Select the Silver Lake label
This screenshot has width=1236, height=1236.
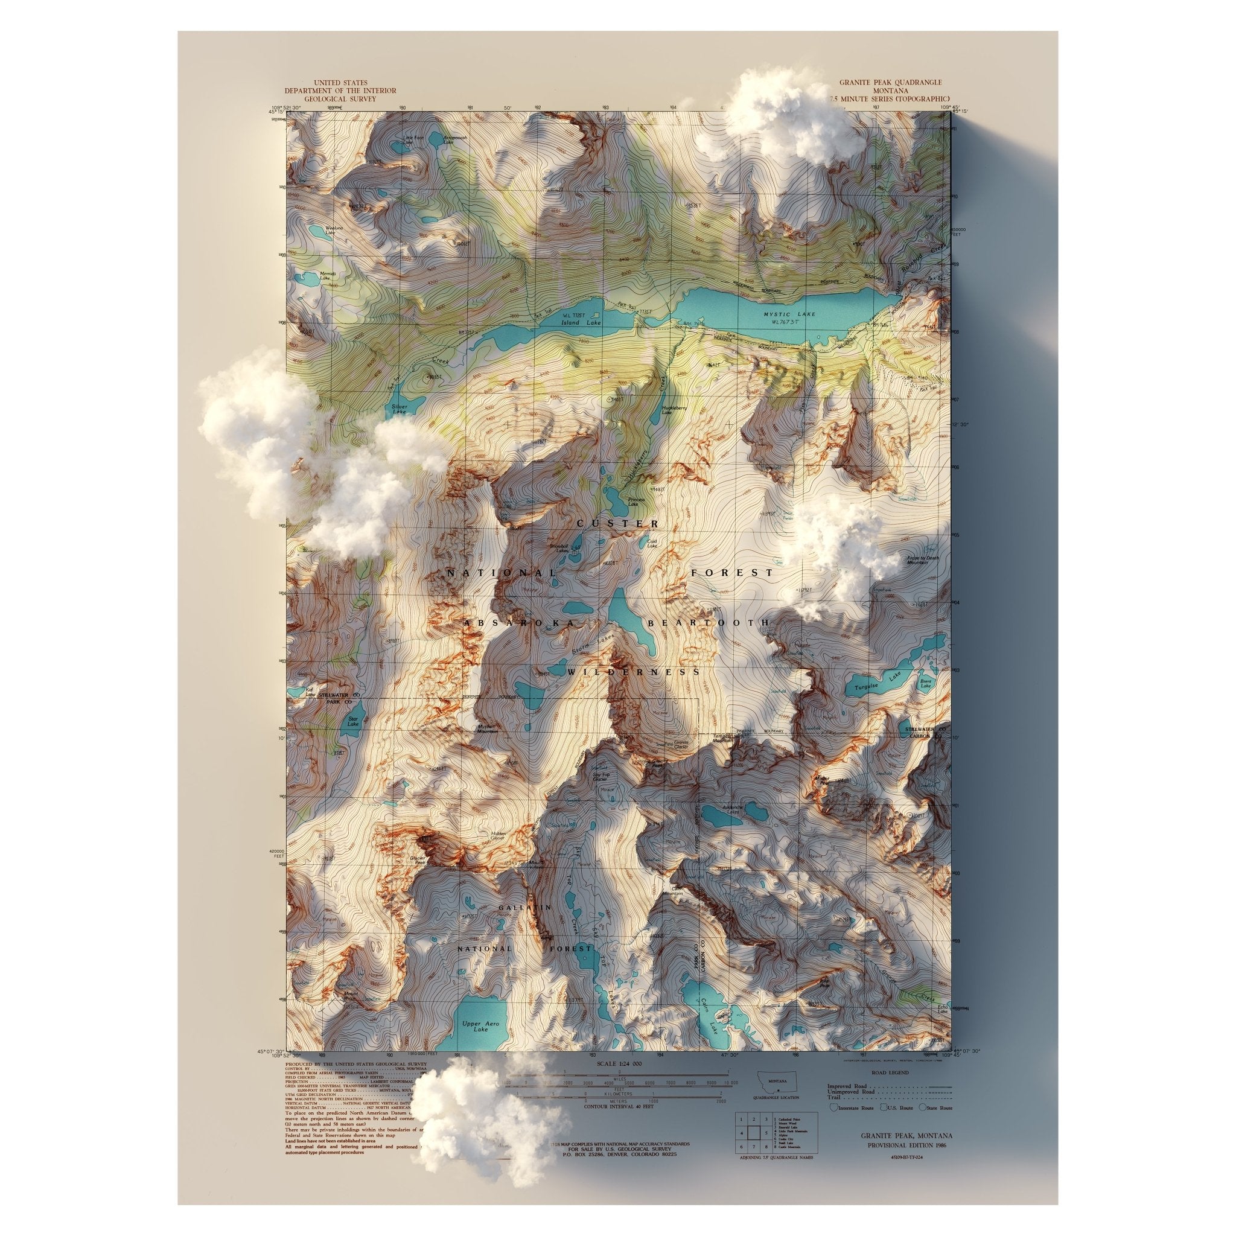[x=398, y=409]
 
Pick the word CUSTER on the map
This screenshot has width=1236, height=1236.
[x=617, y=524]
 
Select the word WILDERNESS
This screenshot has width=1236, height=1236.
[x=633, y=672]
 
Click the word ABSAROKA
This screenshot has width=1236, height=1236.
[x=520, y=622]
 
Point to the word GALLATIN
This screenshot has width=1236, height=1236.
[x=524, y=907]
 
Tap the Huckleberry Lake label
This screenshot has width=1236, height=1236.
[x=675, y=409]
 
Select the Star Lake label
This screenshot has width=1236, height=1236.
[x=352, y=721]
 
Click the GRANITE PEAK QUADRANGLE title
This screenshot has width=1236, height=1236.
[x=890, y=83]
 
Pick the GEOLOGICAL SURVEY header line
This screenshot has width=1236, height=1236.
[x=340, y=99]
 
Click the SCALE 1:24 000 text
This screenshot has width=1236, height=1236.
[x=619, y=1063]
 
